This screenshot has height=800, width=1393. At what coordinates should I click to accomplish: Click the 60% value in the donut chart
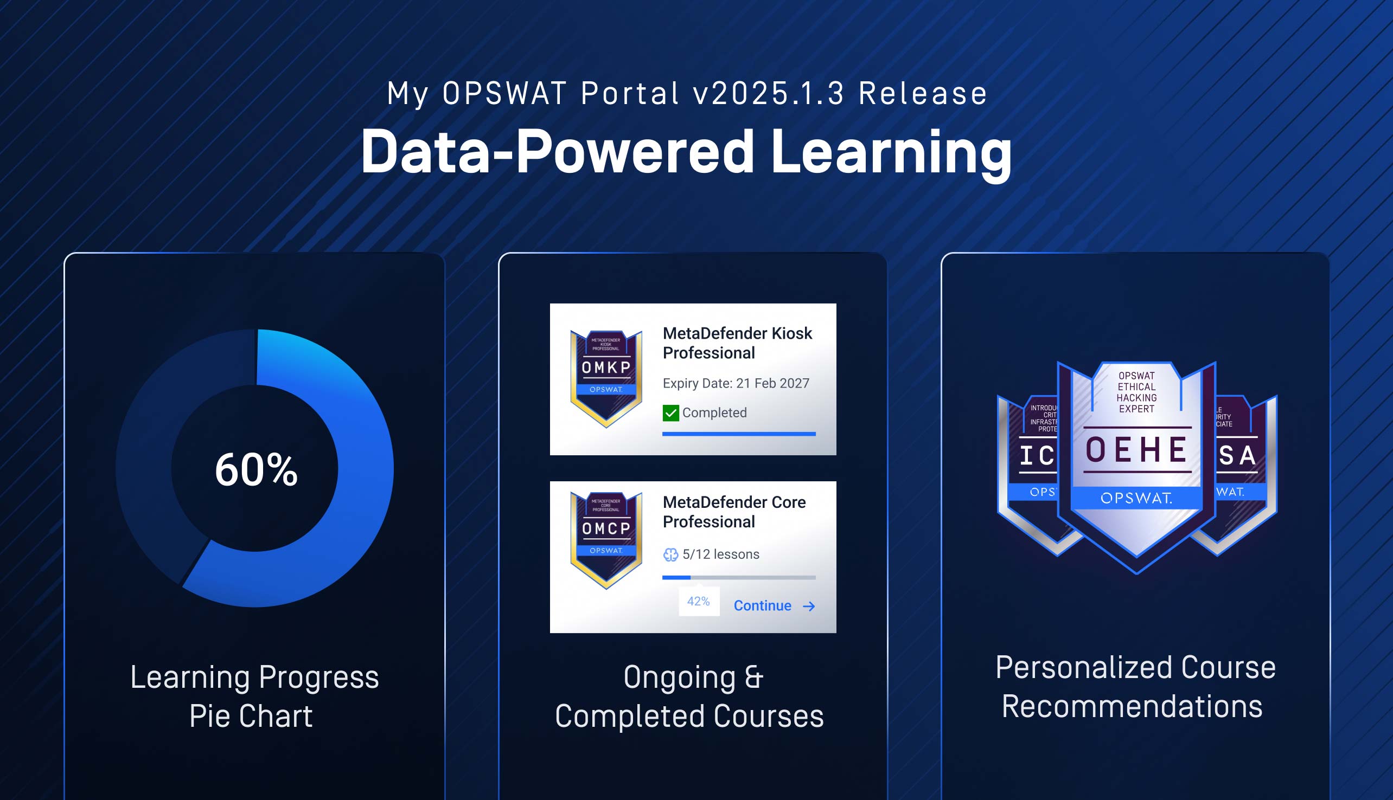(x=256, y=470)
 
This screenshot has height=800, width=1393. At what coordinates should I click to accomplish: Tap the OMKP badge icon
(x=606, y=378)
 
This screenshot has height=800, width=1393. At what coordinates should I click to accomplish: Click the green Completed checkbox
(x=670, y=412)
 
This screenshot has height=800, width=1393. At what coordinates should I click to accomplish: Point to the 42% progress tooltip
(x=698, y=602)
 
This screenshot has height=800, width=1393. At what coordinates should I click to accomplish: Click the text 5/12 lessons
(x=720, y=554)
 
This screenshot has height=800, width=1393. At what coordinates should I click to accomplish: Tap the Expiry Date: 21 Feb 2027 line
(x=736, y=384)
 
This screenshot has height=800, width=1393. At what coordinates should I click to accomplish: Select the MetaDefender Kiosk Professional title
(x=737, y=343)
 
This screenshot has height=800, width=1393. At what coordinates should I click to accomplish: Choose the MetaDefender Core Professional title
(x=734, y=512)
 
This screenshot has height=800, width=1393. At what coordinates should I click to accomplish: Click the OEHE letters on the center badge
(x=1136, y=450)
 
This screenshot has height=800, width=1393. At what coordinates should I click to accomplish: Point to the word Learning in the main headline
(x=891, y=152)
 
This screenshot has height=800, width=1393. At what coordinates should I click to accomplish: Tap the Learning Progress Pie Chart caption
(x=254, y=696)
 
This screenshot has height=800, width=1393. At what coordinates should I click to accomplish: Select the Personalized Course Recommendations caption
(x=1135, y=687)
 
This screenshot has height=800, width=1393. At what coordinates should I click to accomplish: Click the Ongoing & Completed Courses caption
(x=689, y=696)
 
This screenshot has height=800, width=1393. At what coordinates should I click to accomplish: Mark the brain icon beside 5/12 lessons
(x=670, y=555)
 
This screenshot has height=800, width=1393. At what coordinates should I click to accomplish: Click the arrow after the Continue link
(x=809, y=606)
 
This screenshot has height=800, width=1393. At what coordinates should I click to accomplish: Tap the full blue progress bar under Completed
(x=738, y=434)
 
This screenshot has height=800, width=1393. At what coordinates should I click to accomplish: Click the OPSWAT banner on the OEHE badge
(x=1136, y=498)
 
